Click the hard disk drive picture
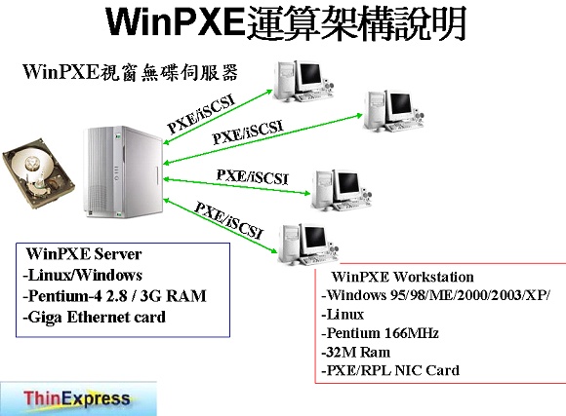pos(38,173)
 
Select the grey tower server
pos(124,171)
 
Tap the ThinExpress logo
pos(78,399)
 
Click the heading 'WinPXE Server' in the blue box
pos(84,254)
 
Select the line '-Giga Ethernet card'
pos(94,318)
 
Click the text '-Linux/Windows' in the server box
pos(82,275)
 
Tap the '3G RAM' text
pos(173,296)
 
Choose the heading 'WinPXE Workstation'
pos(402,277)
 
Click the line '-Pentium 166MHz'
pos(380,333)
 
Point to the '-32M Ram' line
pos(355,352)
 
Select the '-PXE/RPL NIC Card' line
pos(390,370)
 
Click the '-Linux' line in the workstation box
pos(343,315)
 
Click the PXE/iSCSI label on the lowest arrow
pos(228,220)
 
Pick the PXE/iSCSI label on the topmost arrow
pos(201,114)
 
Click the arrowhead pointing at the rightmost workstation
pos(359,116)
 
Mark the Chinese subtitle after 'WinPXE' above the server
pos(169,72)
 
